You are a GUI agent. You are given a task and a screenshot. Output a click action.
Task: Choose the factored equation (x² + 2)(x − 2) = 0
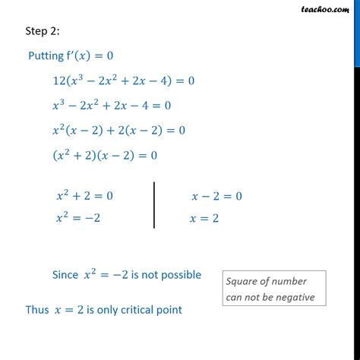point(104,155)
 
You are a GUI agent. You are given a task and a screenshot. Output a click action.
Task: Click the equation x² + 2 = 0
point(84,196)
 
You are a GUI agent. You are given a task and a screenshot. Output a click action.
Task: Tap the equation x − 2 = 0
point(217,196)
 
